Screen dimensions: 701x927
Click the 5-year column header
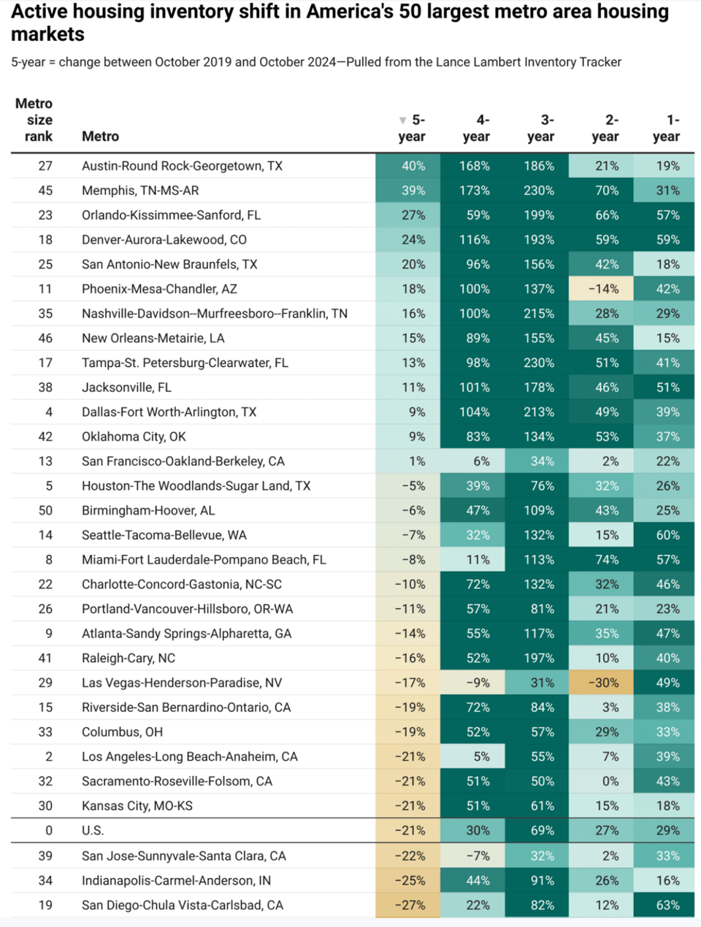coord(412,128)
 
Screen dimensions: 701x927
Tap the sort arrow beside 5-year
coord(402,120)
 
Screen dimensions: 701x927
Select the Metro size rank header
coord(34,120)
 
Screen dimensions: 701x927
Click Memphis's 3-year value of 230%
coord(539,191)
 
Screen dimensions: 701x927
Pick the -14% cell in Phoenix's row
coord(603,289)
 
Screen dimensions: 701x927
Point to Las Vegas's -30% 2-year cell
coord(603,683)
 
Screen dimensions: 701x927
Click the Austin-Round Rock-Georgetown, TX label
coord(182,166)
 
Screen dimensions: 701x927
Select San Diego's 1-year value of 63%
coord(667,905)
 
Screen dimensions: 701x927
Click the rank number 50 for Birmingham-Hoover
coord(45,511)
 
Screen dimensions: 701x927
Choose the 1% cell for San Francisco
coord(417,461)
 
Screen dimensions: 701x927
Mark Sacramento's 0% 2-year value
coord(610,781)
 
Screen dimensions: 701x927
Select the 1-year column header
coord(666,128)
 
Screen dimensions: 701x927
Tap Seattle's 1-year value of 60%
coord(667,535)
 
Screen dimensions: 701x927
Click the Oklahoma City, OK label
coord(134,436)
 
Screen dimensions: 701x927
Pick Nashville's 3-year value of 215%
coord(539,313)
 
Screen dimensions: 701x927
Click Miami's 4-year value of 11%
coord(478,560)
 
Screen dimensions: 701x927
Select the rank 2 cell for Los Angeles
coord(49,756)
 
